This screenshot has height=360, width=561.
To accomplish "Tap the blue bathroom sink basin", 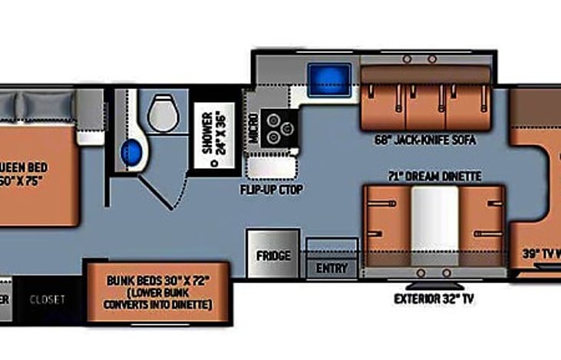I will point(131,150).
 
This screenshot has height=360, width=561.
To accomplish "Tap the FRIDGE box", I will point(273,255).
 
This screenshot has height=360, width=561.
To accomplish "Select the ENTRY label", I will point(332,269).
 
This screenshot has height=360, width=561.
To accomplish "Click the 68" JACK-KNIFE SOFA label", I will point(424,140).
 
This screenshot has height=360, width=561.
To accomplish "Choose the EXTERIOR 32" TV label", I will point(434,299).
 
